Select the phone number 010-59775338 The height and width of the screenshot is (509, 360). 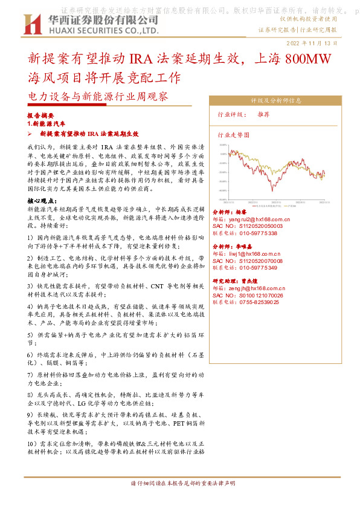257,233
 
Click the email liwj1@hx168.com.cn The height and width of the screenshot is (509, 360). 254,254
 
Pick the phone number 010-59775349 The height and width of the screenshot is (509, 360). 257,268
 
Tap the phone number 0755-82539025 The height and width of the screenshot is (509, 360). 258,302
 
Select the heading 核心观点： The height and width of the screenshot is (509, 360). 43,201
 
